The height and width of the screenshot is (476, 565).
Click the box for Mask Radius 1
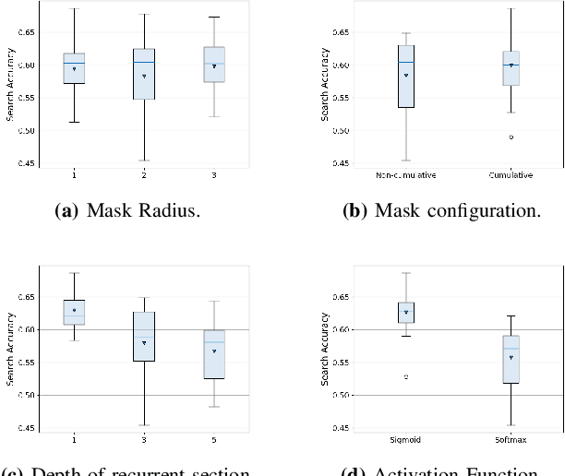[x=73, y=68]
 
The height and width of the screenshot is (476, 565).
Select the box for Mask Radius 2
[x=144, y=74]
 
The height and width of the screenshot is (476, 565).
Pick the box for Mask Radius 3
[x=214, y=65]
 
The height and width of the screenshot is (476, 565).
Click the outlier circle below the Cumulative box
[x=511, y=137]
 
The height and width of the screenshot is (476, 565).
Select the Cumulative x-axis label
[x=511, y=173]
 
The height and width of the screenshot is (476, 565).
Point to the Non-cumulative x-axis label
[x=405, y=173]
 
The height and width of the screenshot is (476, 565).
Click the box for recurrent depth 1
[x=73, y=312]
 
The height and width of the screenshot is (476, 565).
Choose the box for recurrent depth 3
[x=144, y=336]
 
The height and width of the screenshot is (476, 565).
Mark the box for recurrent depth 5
[x=214, y=354]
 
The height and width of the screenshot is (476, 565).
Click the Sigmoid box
[x=405, y=312]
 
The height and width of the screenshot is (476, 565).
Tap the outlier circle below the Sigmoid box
[x=405, y=376]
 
